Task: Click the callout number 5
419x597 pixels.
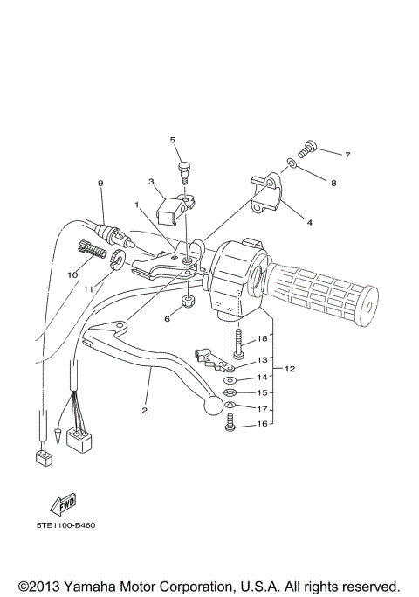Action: tap(173, 140)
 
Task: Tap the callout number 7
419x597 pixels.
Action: tap(347, 155)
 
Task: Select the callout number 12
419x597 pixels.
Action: tap(290, 369)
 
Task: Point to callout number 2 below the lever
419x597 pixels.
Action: tap(144, 409)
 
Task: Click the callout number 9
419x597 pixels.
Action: tap(100, 183)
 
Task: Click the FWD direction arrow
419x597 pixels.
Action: tap(63, 503)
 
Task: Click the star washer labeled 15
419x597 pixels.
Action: tap(230, 393)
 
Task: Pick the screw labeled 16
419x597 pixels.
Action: tap(231, 422)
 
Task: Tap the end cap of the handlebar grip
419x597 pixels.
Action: tap(371, 308)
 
